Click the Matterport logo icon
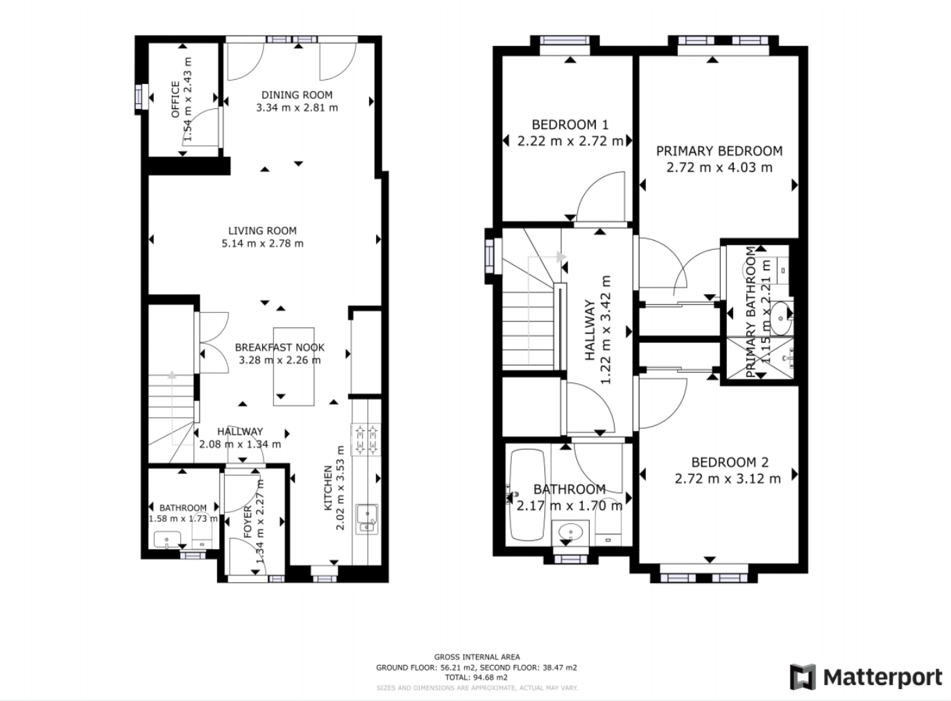pos(803,677)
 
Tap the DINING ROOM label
pos(297,95)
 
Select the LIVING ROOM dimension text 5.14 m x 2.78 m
pos(262,244)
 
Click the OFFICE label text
pos(175,99)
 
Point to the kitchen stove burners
pos(366,439)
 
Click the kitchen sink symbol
pos(366,517)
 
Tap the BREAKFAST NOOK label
pos(280,347)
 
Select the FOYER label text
pos(248,522)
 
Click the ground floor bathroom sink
pos(167,539)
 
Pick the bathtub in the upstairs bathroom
pos(526,496)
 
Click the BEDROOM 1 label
pos(569,125)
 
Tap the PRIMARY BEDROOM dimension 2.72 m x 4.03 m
pos(719,167)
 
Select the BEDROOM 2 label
pos(729,462)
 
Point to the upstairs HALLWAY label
pos(590,331)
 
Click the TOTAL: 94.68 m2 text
pos(476,677)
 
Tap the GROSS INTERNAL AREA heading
pos(477,657)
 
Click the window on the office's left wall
pos(140,96)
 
